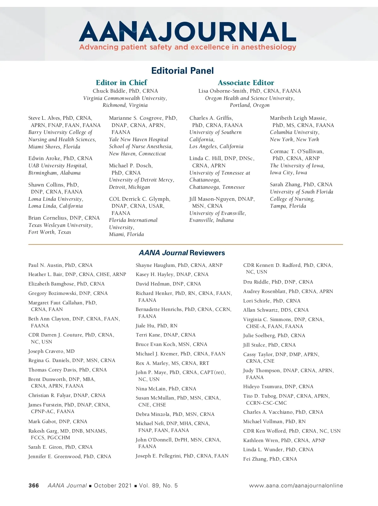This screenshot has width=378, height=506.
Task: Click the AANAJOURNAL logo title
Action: tap(187, 32)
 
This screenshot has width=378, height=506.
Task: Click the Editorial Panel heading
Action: tap(182, 71)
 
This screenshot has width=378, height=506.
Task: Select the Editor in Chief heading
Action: tap(121, 83)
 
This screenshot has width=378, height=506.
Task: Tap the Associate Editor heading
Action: tap(246, 83)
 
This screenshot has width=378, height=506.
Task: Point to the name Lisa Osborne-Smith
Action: tap(222, 91)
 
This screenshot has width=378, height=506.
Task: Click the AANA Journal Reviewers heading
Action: tap(182, 253)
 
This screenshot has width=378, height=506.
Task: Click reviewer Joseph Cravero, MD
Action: tap(51, 351)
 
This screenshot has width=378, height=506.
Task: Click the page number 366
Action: tap(34, 486)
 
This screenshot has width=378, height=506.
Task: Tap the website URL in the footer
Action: tap(296, 486)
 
